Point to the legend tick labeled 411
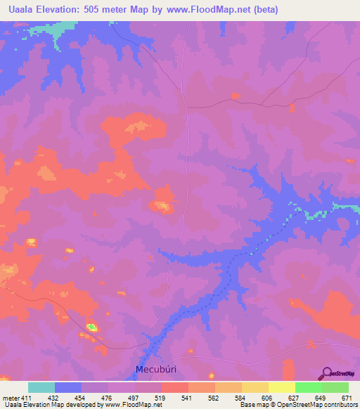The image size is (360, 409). click(27, 398)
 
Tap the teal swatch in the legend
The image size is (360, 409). click(41, 387)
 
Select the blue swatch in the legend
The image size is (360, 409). click(68, 387)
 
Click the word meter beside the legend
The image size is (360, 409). click(9, 398)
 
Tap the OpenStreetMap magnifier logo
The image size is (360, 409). click(326, 372)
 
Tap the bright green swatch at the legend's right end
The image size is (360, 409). click(335, 387)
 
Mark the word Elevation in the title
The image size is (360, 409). click(66, 10)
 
